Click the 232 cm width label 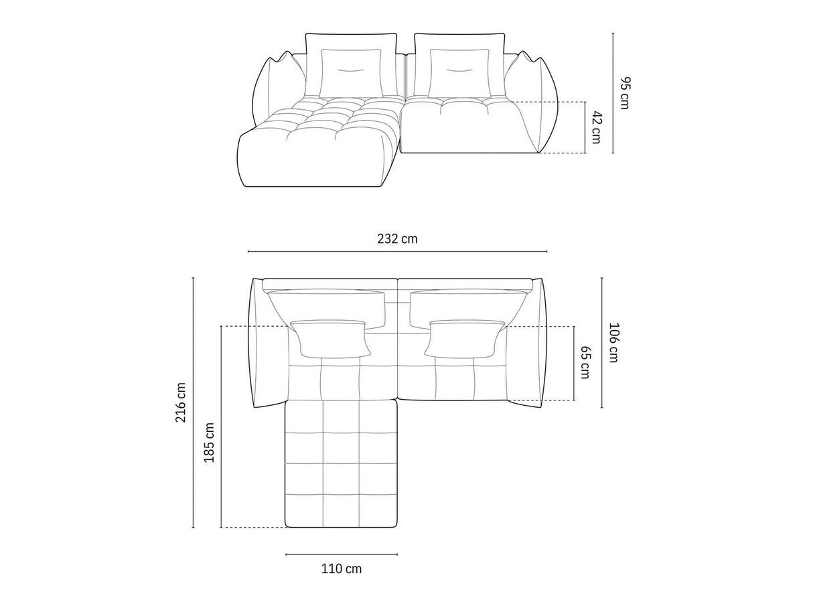397,239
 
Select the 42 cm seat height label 596,127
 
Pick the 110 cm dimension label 341,569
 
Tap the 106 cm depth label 613,342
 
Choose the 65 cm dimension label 585,362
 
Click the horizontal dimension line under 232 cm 397,252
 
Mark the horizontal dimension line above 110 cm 341,554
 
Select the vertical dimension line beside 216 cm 193,403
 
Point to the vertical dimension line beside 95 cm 612,93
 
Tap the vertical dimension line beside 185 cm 221,427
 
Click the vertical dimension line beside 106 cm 601,342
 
